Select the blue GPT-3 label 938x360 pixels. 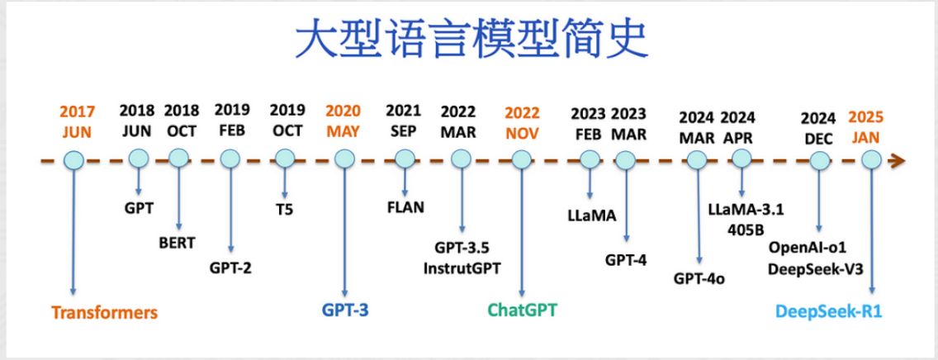pos(345,311)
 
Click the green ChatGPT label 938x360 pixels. pos(522,310)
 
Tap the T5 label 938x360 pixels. pos(284,210)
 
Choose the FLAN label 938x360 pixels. pos(405,207)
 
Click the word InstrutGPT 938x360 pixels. pos(462,268)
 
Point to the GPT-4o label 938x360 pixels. pos(699,278)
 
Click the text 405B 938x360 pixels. pos(741,230)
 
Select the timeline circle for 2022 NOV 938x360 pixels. pos(521,159)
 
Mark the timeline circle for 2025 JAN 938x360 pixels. pos(872,159)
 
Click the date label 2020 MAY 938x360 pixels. pos(343,121)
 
